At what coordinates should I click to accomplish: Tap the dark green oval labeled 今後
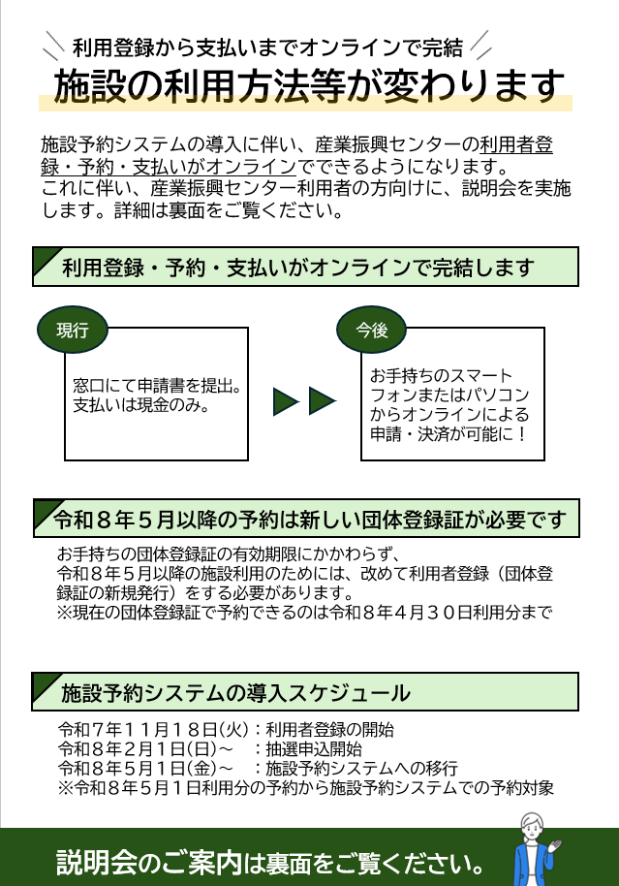pos(372,330)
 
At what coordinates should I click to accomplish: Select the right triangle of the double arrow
pos(323,400)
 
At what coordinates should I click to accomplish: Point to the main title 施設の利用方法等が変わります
pos(309,86)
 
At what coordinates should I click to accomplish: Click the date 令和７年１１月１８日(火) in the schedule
pos(153,730)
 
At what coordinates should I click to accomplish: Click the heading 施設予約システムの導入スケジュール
pos(235,693)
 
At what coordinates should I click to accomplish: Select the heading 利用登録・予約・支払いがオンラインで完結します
pos(298,268)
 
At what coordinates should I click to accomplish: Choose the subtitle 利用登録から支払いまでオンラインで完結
pos(267,46)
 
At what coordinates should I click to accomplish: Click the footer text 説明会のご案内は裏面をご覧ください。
pos(271,861)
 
